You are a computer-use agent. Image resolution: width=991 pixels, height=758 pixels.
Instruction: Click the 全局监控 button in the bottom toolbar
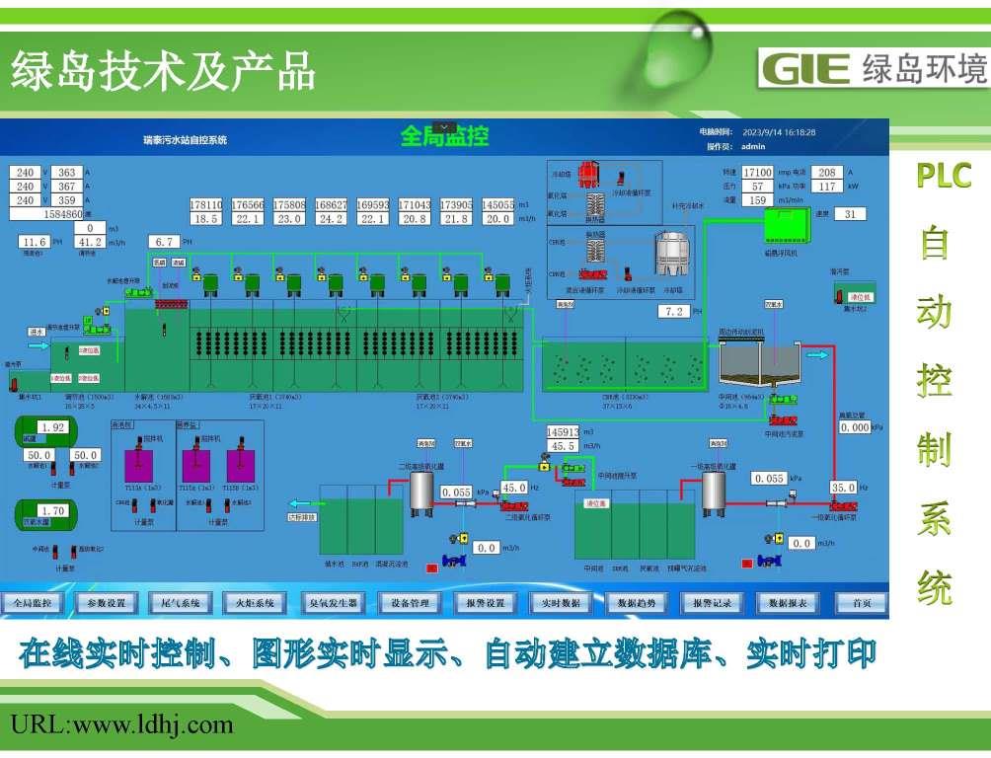pyautogui.click(x=33, y=602)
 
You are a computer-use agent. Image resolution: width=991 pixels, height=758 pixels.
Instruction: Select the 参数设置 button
pyautogui.click(x=106, y=602)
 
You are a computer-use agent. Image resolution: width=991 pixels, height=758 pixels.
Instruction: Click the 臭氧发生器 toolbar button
pyautogui.click(x=333, y=602)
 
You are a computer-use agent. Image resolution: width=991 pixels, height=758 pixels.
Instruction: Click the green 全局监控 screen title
pyautogui.click(x=444, y=136)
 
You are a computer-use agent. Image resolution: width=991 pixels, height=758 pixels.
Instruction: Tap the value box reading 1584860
pyautogui.click(x=48, y=213)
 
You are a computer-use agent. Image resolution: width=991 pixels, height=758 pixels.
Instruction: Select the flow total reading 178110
pyautogui.click(x=206, y=204)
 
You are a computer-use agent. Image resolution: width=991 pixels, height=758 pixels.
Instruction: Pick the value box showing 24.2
pyautogui.click(x=331, y=219)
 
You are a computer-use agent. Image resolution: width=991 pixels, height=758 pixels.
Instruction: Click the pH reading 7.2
pyautogui.click(x=674, y=312)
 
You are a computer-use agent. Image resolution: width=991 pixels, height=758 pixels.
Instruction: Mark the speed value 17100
pyautogui.click(x=757, y=173)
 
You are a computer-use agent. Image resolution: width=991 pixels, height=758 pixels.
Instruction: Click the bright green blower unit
pyautogui.click(x=787, y=227)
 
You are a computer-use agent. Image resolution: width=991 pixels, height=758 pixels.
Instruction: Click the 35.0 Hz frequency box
pyautogui.click(x=843, y=488)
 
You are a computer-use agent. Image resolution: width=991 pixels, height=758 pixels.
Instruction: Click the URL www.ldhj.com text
pyautogui.click(x=122, y=725)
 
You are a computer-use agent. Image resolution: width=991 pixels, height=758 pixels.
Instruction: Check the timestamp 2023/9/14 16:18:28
pyautogui.click(x=779, y=132)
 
